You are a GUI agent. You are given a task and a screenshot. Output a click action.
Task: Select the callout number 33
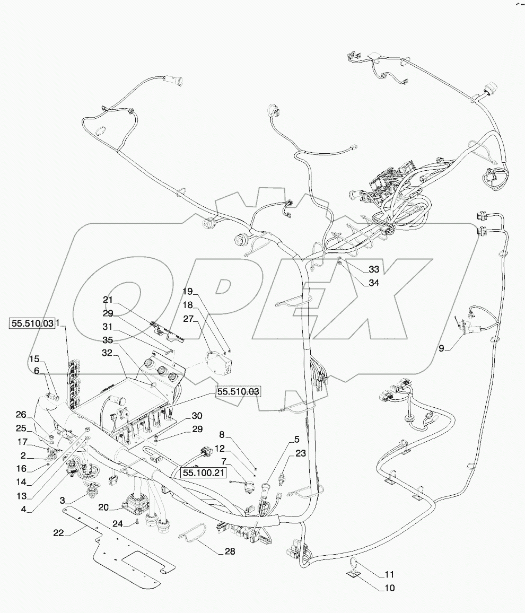point(374,269)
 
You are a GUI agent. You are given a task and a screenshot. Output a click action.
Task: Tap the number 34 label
point(374,283)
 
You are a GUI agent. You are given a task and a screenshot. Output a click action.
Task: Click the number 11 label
point(389,574)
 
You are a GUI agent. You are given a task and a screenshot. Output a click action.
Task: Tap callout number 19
point(189,291)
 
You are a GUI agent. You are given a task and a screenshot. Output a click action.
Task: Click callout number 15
point(34,358)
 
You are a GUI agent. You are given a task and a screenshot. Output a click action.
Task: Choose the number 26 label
point(20,414)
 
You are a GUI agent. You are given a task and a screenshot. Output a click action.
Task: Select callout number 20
point(103,507)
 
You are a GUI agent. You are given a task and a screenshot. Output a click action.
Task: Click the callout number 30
point(182,415)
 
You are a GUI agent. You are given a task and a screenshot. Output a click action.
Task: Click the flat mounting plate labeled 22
point(127,562)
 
